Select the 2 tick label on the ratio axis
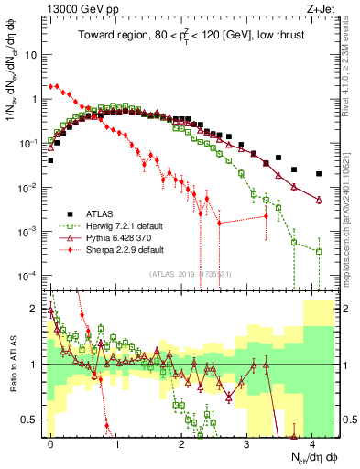click(38, 309)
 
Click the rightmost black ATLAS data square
click(319, 173)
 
